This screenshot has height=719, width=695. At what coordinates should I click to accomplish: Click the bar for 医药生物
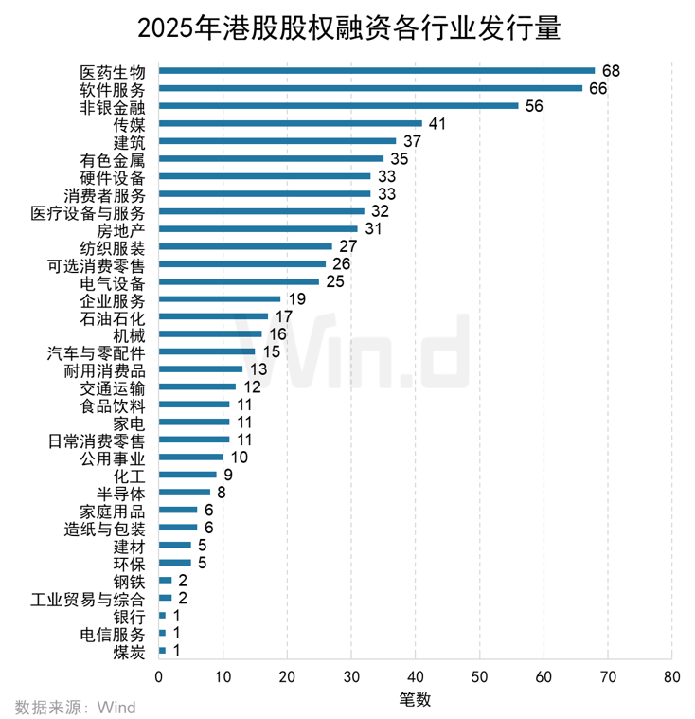point(377,70)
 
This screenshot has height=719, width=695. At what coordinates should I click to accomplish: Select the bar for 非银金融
point(338,105)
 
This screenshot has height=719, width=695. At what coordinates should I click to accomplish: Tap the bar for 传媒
point(290,123)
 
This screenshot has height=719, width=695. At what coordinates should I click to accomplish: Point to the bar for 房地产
point(258,228)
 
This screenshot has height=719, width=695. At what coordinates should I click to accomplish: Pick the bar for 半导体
point(184,492)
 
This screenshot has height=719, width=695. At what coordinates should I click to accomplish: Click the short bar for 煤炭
point(162,650)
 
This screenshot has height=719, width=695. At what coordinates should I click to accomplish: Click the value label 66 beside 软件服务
point(597,88)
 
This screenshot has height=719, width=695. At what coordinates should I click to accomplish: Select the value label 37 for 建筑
point(411,141)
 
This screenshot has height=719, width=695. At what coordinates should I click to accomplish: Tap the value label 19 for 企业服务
point(295,298)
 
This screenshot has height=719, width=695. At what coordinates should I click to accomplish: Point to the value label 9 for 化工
point(227,475)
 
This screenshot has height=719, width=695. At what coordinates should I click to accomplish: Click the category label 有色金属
point(114,158)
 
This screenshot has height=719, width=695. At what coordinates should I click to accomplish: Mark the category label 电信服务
point(114,633)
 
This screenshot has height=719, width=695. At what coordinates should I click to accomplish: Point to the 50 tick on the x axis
point(479,677)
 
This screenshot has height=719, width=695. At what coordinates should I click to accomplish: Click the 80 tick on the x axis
point(671,677)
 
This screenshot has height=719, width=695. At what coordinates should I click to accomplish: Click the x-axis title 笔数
point(415,700)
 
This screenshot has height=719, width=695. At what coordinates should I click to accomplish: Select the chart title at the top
point(348,27)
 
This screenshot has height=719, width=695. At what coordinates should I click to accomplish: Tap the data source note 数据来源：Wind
point(76,707)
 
